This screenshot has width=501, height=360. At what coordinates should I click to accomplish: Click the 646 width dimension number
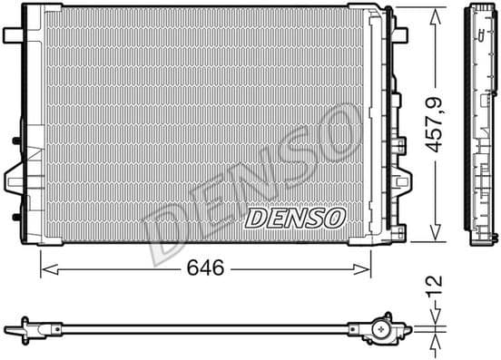[x=205, y=268]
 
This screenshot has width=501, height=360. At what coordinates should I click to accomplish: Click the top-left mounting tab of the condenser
[x=13, y=34]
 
